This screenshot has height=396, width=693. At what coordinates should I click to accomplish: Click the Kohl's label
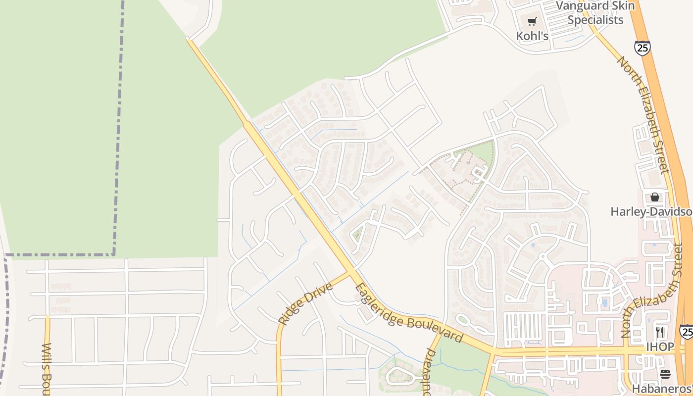(x=532, y=36)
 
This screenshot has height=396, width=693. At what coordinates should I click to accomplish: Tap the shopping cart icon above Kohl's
(x=532, y=21)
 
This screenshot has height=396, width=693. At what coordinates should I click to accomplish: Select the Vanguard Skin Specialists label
(x=595, y=13)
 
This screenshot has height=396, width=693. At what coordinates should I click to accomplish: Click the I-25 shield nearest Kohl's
(x=642, y=48)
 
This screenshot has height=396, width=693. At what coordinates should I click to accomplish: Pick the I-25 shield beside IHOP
(x=686, y=331)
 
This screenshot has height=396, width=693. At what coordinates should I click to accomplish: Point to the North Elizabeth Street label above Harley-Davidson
(x=643, y=115)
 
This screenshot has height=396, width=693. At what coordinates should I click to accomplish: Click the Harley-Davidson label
(x=651, y=212)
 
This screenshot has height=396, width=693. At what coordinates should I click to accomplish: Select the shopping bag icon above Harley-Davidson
(x=655, y=197)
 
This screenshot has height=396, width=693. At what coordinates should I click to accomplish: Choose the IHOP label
(x=660, y=347)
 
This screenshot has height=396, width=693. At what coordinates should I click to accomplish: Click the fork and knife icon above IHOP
(x=660, y=332)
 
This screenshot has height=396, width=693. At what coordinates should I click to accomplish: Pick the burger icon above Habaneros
(x=665, y=374)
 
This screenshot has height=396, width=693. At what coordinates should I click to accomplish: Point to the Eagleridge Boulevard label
(x=408, y=314)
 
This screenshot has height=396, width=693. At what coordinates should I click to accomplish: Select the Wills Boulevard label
(x=47, y=369)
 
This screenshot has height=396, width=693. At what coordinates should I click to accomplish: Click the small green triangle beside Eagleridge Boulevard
(x=357, y=234)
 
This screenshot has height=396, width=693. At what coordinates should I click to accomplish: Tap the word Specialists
(x=595, y=20)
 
